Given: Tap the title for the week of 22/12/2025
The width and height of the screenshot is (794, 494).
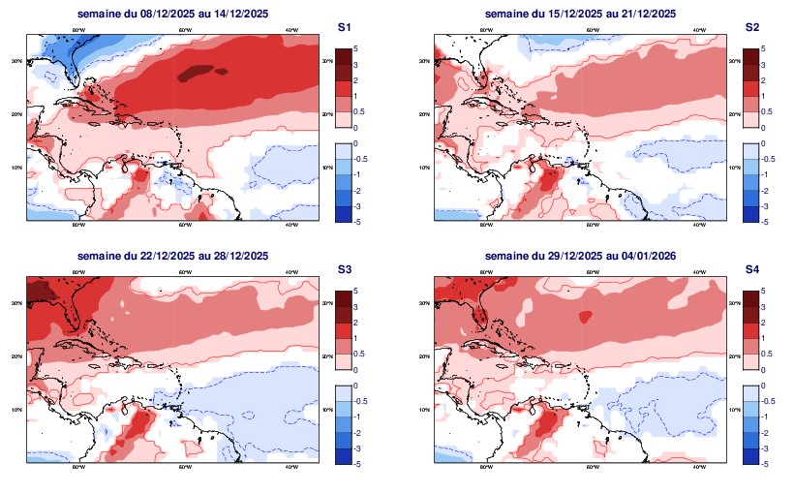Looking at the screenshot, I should tap(172, 256).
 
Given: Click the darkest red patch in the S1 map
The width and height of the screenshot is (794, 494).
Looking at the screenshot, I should tap(199, 71).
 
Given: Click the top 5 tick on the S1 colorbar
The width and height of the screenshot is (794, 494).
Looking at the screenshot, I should tap(356, 47).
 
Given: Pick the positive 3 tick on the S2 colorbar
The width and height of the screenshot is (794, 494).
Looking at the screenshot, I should tap(764, 64).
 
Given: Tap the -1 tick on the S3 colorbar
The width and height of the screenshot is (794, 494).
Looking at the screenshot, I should tap(357, 417).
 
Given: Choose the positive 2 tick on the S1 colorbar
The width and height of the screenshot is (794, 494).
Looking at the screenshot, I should tap(356, 79).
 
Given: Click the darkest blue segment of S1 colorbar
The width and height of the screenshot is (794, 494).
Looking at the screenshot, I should tap(342, 214).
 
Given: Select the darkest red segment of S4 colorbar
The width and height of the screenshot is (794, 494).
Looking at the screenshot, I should tap(749, 298).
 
